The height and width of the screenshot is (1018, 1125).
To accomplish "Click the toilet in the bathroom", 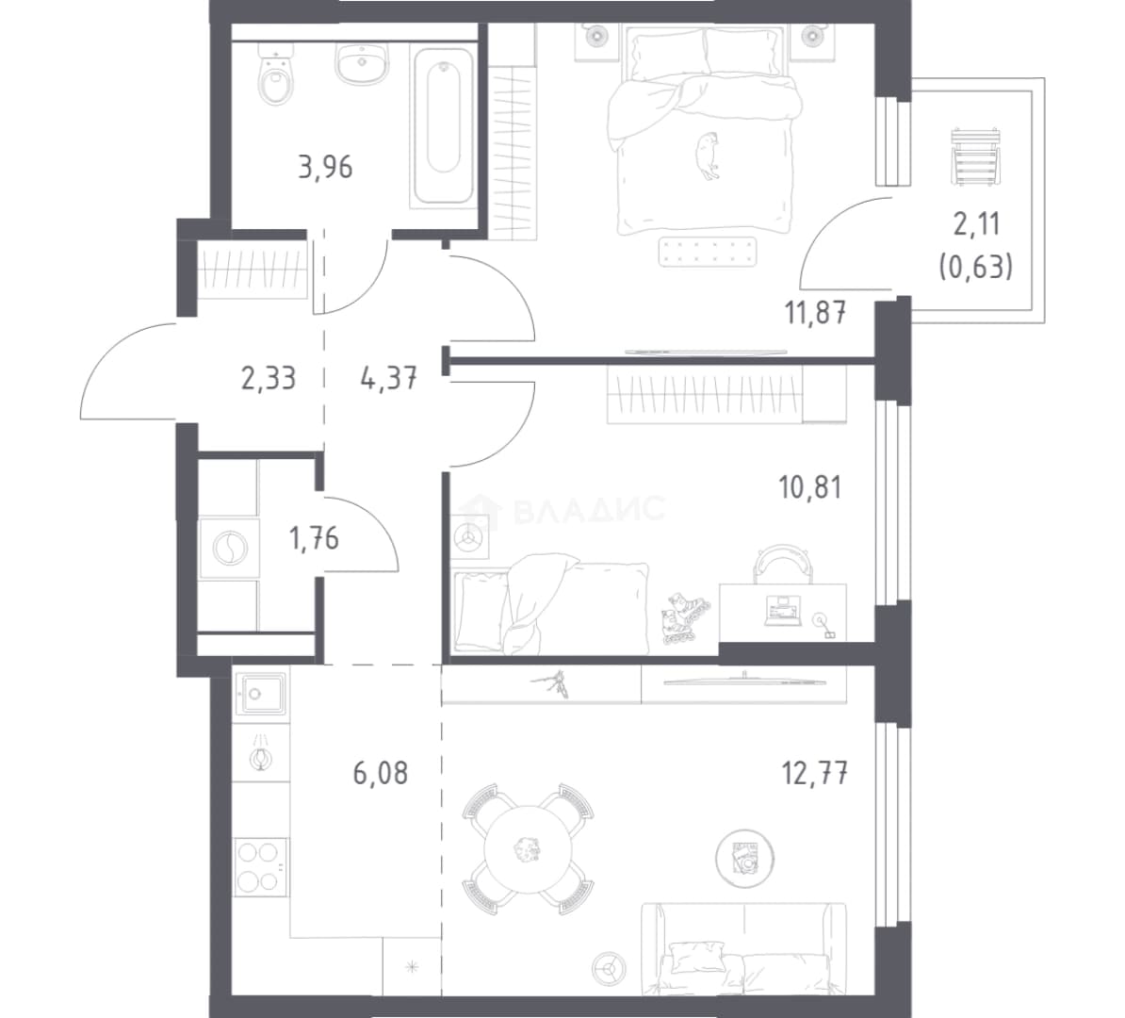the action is [x=275, y=73].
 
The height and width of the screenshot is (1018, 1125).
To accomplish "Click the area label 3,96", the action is [x=326, y=167].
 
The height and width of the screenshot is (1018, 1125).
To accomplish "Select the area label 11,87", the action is [x=817, y=313].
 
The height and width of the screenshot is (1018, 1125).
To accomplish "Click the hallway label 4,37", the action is [x=389, y=378].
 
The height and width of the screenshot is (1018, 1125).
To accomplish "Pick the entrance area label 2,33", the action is [x=269, y=378].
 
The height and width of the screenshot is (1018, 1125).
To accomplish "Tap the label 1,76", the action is [x=314, y=537].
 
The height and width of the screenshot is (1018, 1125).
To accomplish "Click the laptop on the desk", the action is [x=783, y=611].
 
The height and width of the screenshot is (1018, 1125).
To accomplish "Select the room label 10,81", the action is [x=810, y=488].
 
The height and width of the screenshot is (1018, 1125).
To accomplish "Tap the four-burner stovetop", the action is [x=260, y=866].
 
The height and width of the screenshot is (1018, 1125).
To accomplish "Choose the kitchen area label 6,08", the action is [x=381, y=773].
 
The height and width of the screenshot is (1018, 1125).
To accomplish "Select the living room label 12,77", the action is [x=815, y=775].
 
